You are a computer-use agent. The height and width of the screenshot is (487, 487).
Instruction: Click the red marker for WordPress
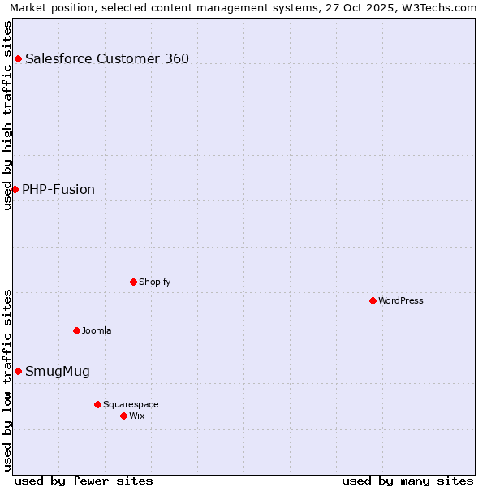pyautogui.click(x=373, y=300)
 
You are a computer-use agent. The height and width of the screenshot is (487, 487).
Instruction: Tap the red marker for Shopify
pyautogui.click(x=133, y=282)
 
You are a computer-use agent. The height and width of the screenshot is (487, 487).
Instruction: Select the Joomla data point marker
pyautogui.click(x=76, y=330)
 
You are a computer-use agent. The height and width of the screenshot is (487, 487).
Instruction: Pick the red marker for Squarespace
pyautogui.click(x=97, y=404)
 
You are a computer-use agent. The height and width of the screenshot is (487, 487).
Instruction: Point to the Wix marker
pyautogui.click(x=123, y=416)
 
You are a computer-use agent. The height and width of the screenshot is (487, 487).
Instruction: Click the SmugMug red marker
pyautogui.click(x=18, y=371)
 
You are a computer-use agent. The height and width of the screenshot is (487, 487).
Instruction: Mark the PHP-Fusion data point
pyautogui.click(x=15, y=189)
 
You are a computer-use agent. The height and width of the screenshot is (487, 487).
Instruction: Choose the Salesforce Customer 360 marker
pyautogui.click(x=18, y=58)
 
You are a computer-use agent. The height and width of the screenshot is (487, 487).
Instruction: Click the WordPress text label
pyautogui.click(x=401, y=300)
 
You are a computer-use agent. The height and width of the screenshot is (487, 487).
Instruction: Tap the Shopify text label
pyautogui.click(x=154, y=282)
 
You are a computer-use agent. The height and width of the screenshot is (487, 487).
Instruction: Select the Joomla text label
pyautogui.click(x=97, y=330)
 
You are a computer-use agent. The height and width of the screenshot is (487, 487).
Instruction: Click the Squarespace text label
pyautogui.click(x=131, y=404)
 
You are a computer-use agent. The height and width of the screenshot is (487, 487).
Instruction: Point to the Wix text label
pyautogui.click(x=136, y=416)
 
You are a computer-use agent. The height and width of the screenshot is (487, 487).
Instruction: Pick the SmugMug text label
pyautogui.click(x=58, y=372)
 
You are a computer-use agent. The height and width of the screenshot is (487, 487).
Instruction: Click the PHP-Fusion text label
pyautogui.click(x=58, y=189)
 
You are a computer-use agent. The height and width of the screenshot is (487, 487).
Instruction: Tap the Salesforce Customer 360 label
pyautogui.click(x=107, y=58)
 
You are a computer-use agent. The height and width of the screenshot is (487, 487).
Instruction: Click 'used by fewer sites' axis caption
pyautogui.click(x=84, y=481)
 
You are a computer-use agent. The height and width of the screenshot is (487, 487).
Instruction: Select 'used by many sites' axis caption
pyautogui.click(x=407, y=481)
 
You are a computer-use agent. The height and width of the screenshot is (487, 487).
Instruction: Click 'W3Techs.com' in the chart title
pyautogui.click(x=442, y=7)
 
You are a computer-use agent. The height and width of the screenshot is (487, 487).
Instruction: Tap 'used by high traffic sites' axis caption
pyautogui.click(x=7, y=115)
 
